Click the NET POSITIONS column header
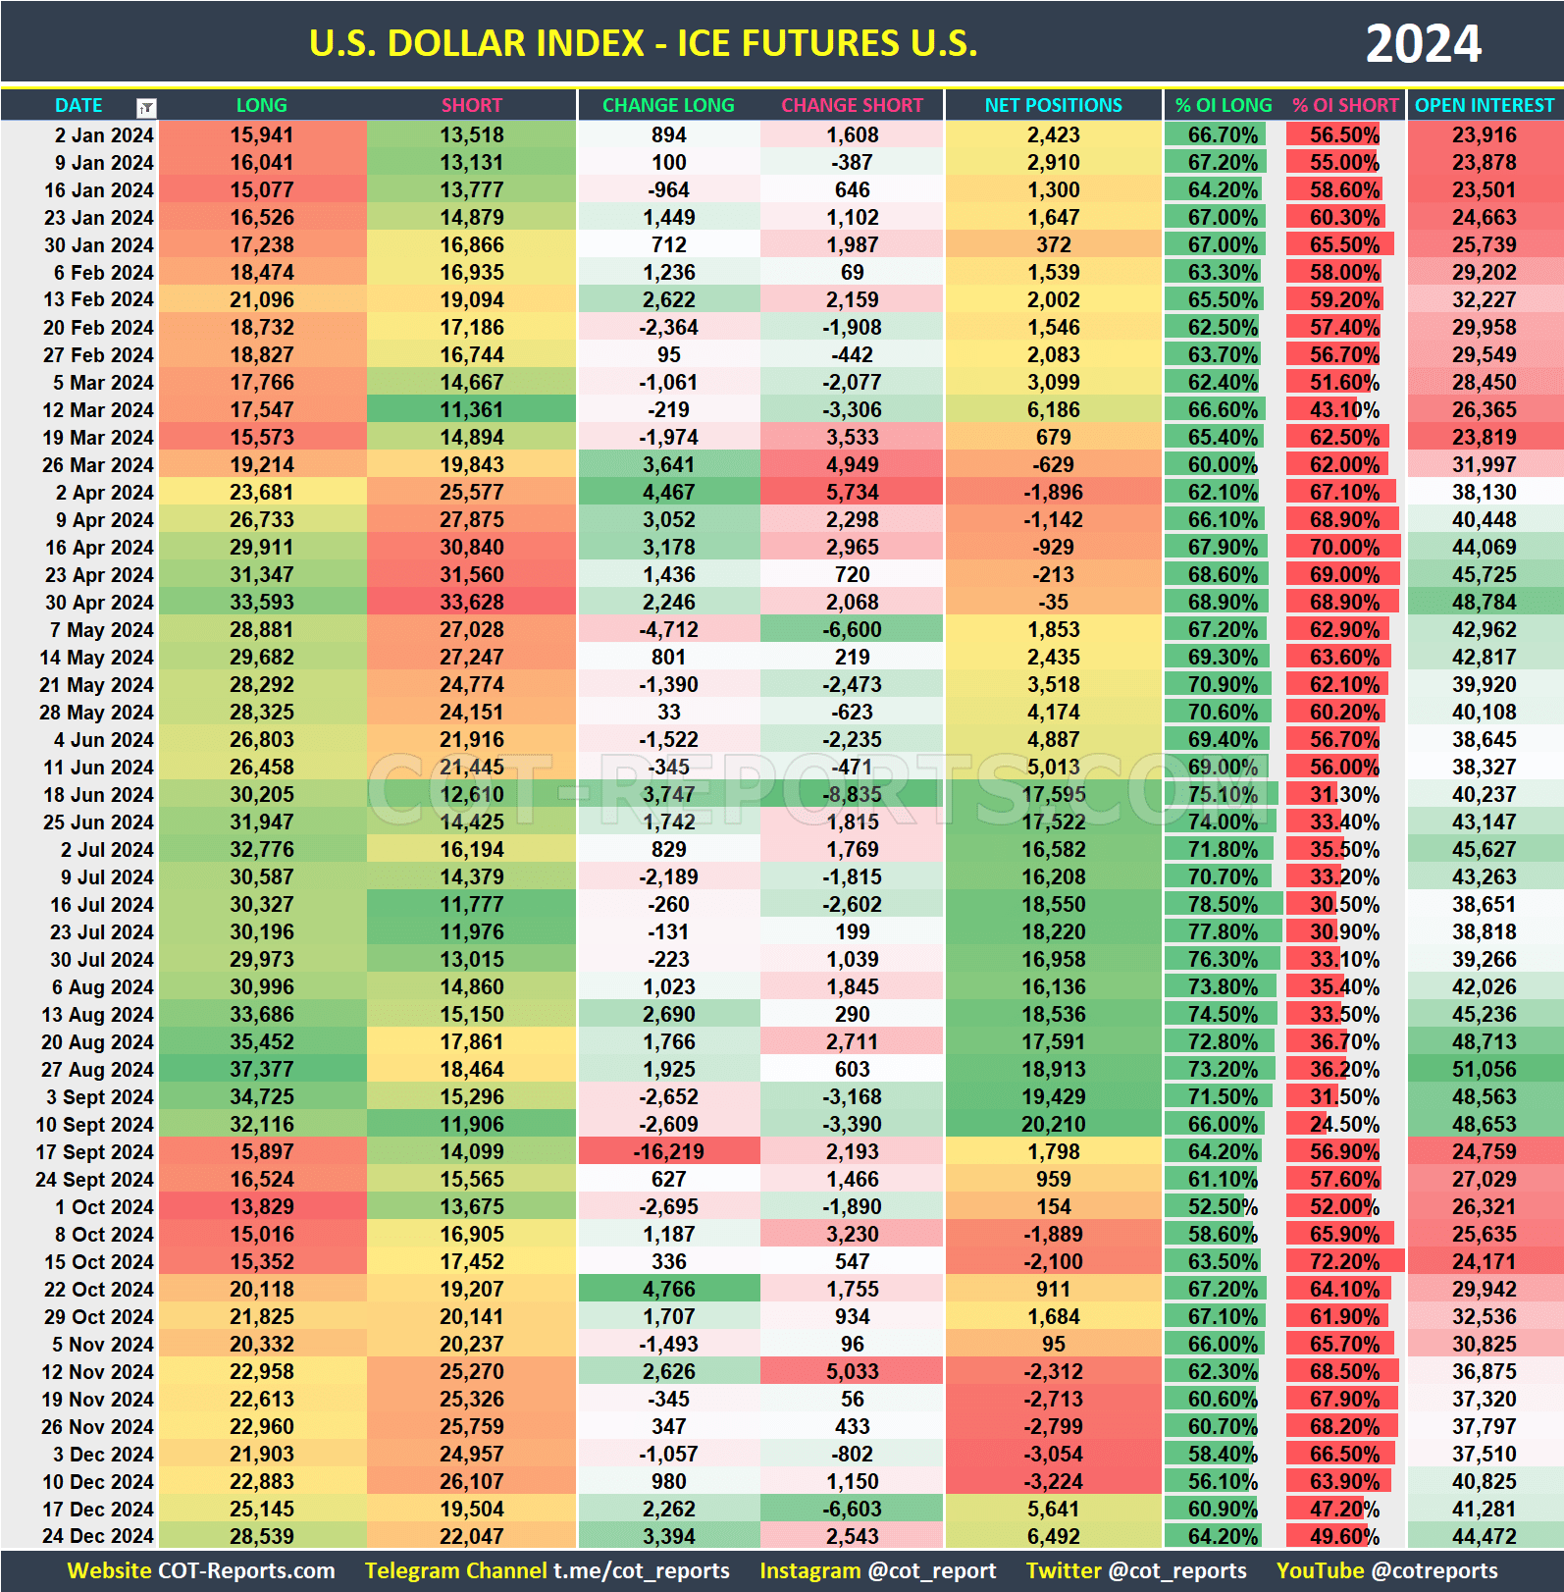[x=1053, y=105]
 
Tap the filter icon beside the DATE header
[x=146, y=108]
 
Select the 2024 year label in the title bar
[x=1423, y=44]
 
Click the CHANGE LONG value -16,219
[x=668, y=1151]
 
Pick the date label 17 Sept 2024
[x=95, y=1151]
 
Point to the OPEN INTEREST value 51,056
[x=1484, y=1069]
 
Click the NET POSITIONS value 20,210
[x=1053, y=1124]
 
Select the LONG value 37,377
[x=262, y=1069]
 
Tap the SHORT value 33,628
[x=471, y=602]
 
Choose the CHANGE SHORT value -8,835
[x=852, y=794]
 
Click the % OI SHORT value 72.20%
[x=1344, y=1261]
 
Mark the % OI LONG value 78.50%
[x=1223, y=904]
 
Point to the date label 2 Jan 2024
[x=104, y=134]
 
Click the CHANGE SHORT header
[x=852, y=105]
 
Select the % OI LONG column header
[x=1224, y=105]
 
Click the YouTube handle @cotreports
[x=1434, y=1570]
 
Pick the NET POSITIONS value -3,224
[x=1053, y=1481]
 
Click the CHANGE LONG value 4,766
[x=668, y=1289]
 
